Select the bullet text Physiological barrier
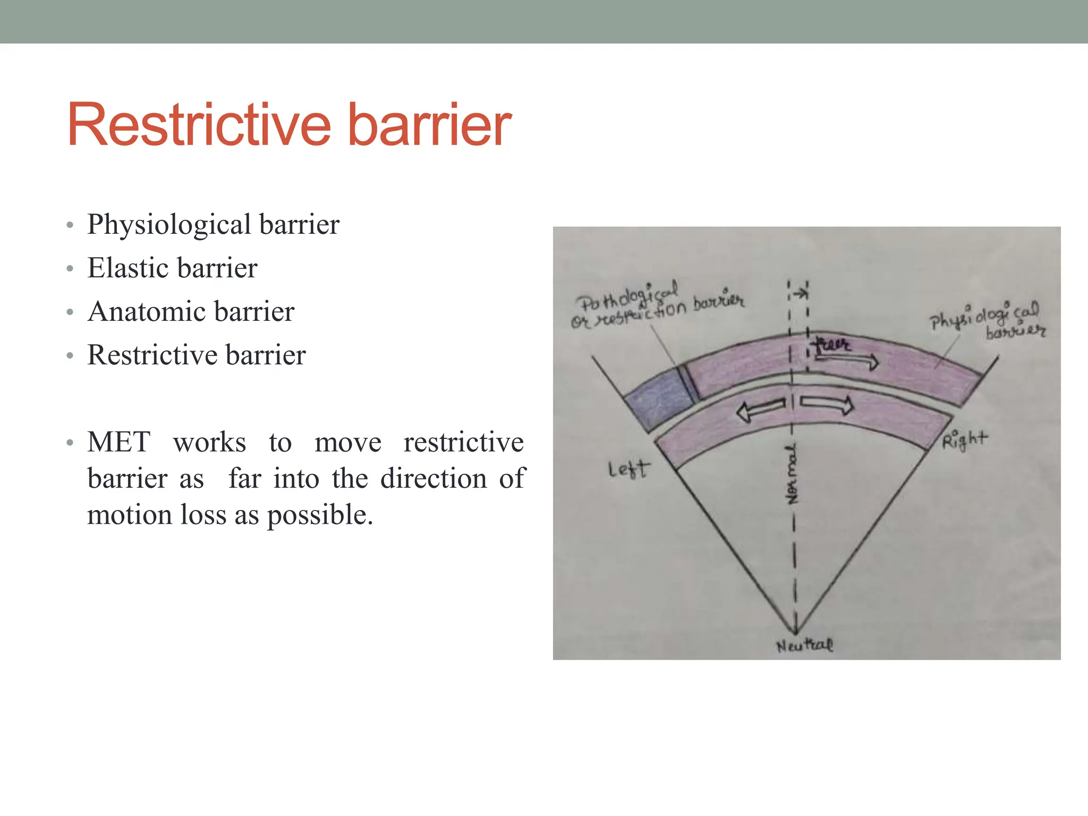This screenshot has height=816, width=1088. pos(213,224)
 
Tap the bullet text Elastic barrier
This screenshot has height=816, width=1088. pos(172,268)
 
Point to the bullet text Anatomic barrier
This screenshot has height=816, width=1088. pos(191,311)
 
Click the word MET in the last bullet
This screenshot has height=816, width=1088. pos(118,442)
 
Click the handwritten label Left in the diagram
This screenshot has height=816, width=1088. pos(628,469)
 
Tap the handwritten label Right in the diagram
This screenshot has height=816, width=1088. pos(964,440)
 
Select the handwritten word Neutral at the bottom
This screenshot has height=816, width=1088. pos(804,645)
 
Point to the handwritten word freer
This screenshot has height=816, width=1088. pos(832,345)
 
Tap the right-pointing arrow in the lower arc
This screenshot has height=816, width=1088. pos(827,405)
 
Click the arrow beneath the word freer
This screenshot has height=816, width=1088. pos(847,361)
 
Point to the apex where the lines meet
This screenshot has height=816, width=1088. pos(796,633)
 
